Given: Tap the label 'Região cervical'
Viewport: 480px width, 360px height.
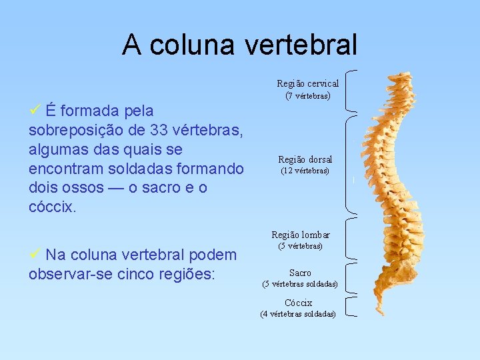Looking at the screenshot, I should (307, 83).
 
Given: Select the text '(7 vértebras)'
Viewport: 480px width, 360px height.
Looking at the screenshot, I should (307, 95).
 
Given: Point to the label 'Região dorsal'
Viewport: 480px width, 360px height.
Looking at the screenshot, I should (305, 159).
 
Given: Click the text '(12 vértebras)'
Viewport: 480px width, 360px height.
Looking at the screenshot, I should (305, 171).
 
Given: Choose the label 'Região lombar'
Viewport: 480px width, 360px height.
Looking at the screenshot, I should (300, 235).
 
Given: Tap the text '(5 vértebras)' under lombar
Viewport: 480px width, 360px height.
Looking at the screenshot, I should (300, 246).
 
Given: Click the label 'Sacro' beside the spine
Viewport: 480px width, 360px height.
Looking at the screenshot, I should (300, 273).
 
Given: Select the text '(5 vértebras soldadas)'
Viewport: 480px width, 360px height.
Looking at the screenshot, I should (300, 284).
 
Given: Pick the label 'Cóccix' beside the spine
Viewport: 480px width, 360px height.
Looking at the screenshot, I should (298, 303).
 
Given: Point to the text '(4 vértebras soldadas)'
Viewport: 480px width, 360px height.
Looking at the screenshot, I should (298, 314).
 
